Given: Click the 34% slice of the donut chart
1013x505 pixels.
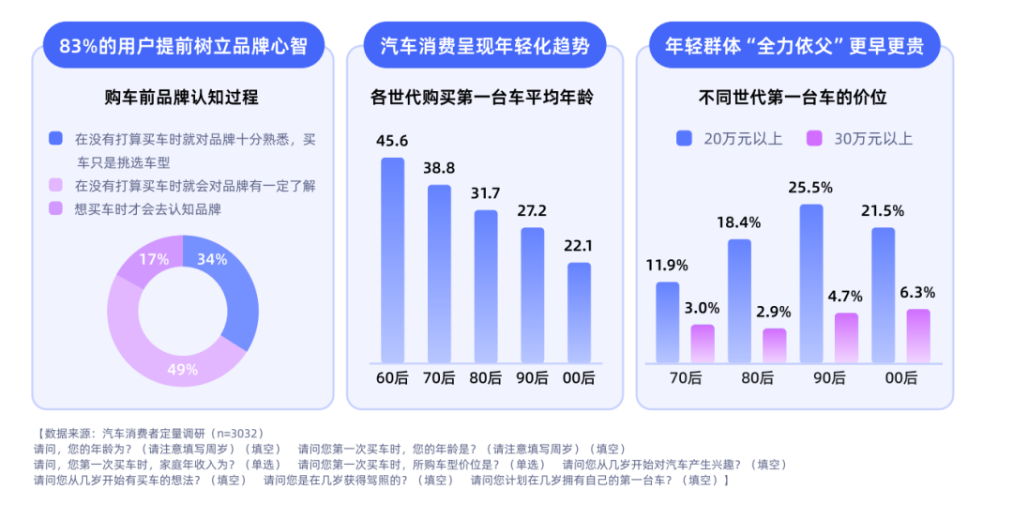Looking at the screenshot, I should pos(233,287).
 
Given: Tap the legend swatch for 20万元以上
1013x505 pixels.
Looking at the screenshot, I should pos(684,139).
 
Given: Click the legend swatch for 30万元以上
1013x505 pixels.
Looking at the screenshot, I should pos(813,139).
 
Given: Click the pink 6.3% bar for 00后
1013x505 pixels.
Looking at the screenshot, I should pos(918,336).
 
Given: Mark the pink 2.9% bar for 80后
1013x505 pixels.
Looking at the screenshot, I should pos(774,345).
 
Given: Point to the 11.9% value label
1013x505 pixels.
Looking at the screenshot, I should pos(666,265).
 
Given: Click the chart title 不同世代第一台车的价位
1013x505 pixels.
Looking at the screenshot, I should pos(793,97).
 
